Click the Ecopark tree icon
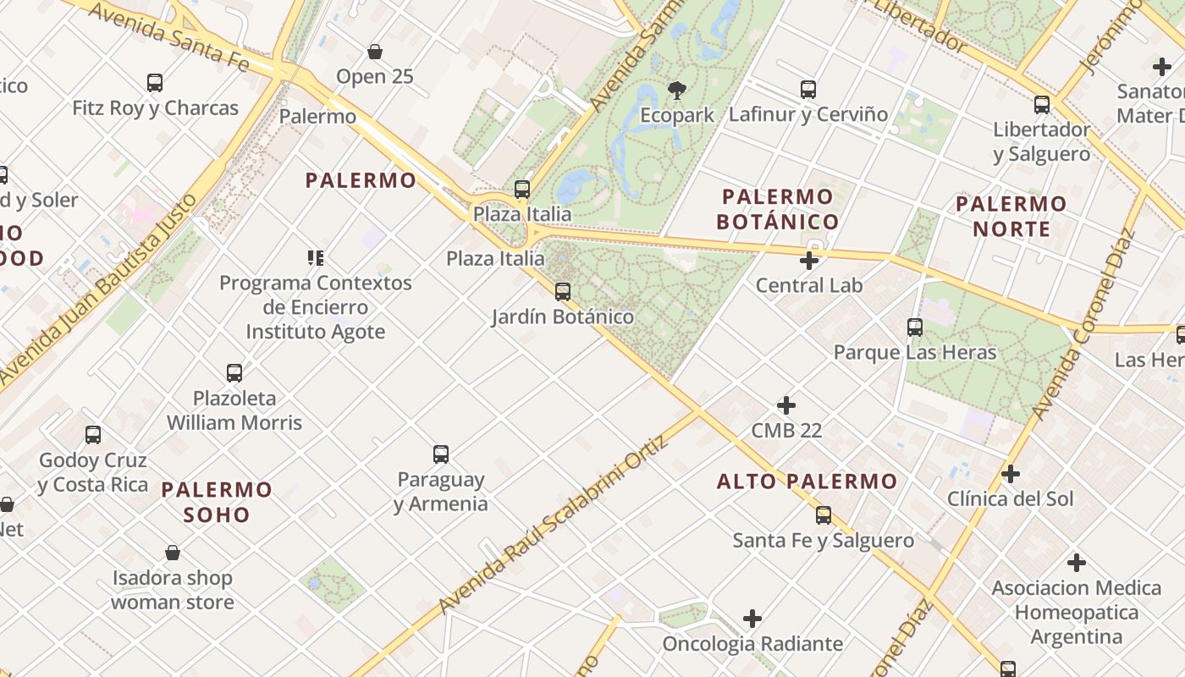(x=676, y=89)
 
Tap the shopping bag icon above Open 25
(x=375, y=52)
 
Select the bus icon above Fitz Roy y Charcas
(x=155, y=83)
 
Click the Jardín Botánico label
(x=563, y=317)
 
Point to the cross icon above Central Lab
(x=809, y=261)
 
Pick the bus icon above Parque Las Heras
(x=914, y=327)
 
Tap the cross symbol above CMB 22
(x=786, y=405)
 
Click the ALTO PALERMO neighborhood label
(x=807, y=482)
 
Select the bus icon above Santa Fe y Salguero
(x=824, y=515)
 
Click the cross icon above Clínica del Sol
(x=1010, y=474)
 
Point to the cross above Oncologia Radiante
(x=752, y=619)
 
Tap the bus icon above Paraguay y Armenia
(x=441, y=454)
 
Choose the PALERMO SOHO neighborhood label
(x=217, y=502)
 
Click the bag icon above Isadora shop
(x=173, y=553)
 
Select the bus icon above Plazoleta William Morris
(x=234, y=372)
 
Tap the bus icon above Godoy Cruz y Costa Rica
(x=93, y=435)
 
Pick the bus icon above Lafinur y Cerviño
(x=808, y=89)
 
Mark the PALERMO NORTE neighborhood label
(x=1011, y=216)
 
